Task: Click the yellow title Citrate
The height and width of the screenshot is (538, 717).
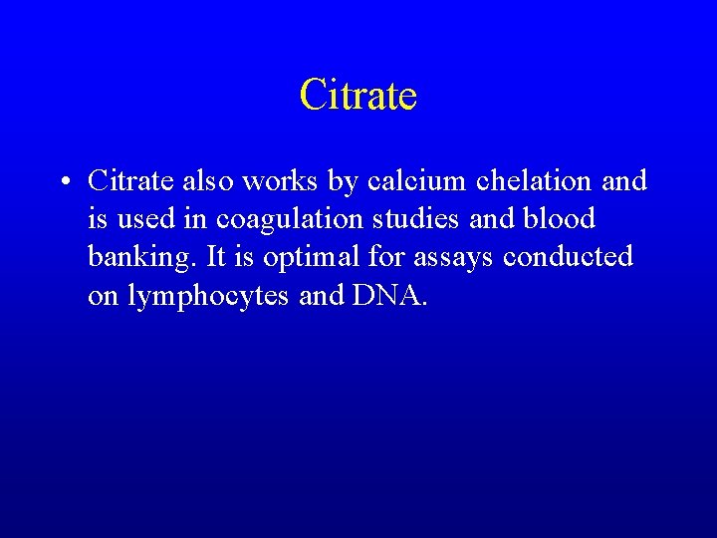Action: click(358, 96)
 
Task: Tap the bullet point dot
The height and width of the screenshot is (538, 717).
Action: click(62, 181)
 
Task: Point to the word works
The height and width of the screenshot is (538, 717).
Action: click(271, 180)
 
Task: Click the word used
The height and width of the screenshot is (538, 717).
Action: click(133, 218)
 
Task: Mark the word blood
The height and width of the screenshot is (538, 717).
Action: click(560, 218)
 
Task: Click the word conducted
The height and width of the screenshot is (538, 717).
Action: click(568, 256)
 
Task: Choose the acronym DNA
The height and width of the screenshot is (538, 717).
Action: click(389, 295)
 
